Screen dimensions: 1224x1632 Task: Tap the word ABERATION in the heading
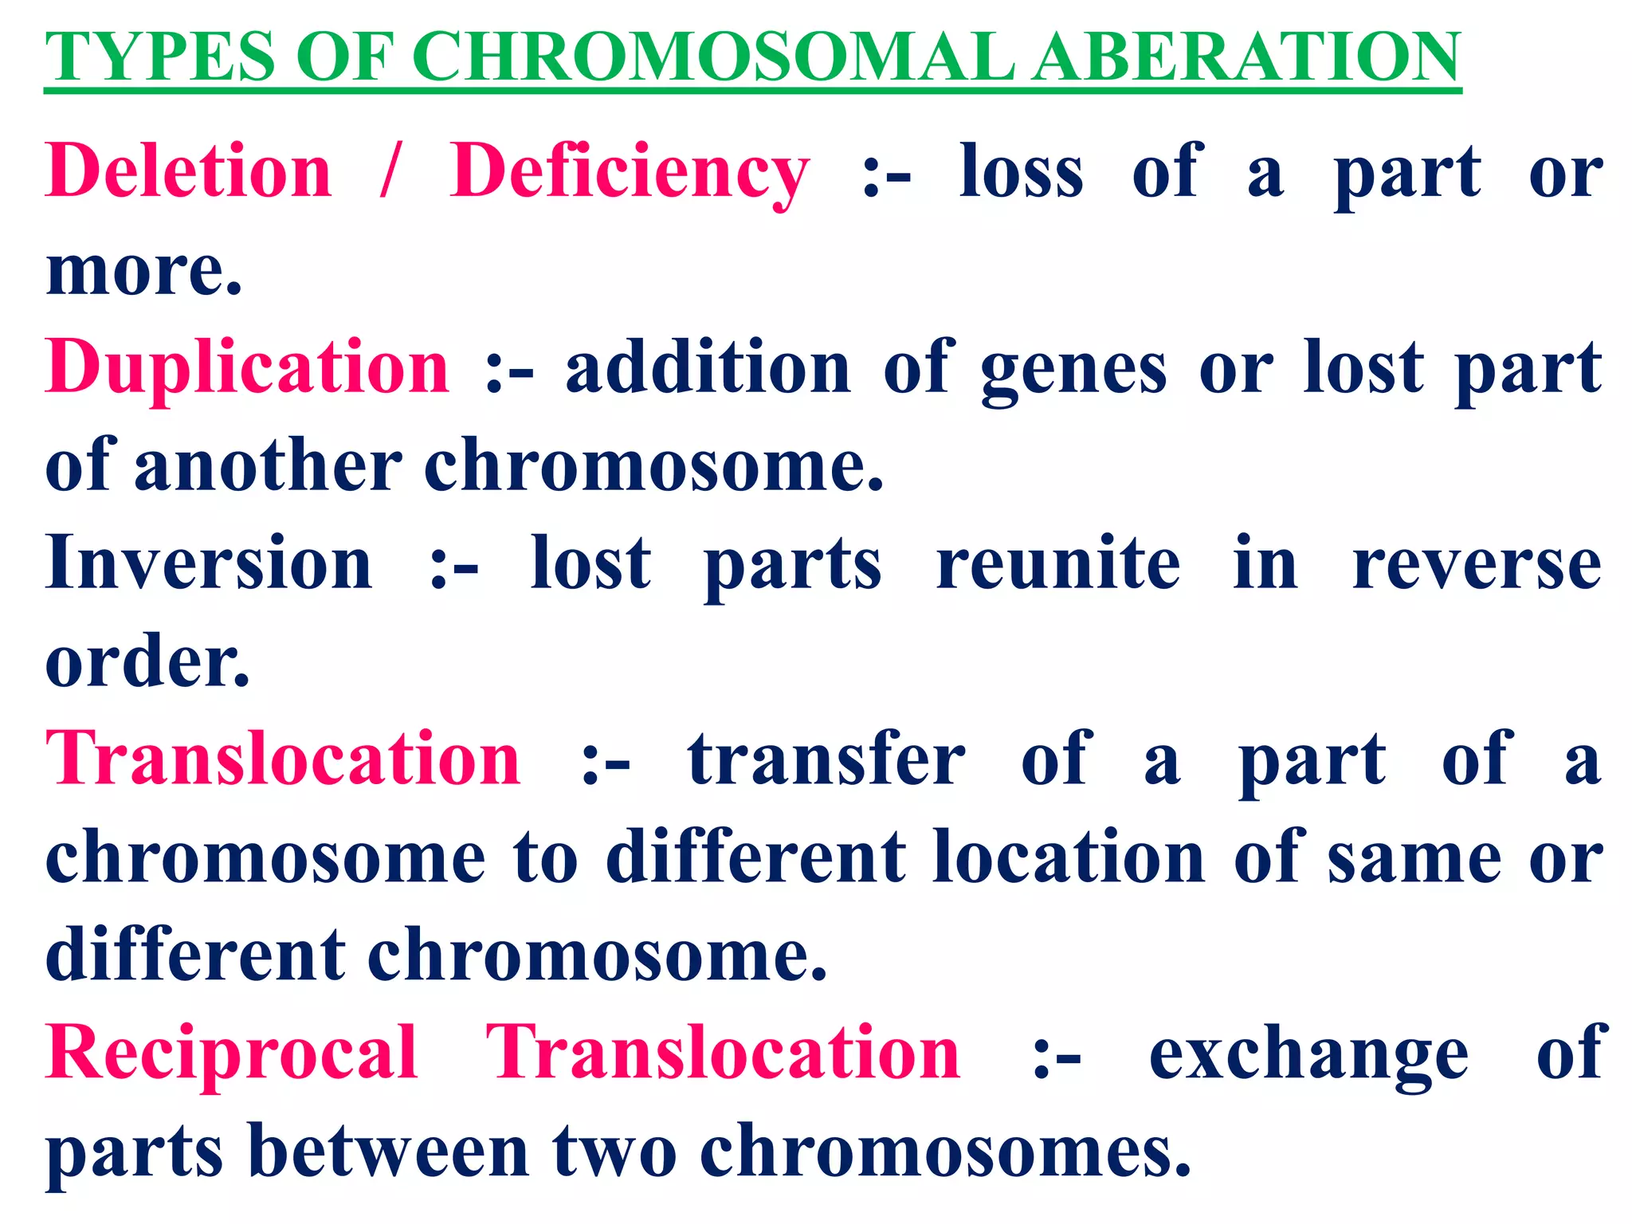tap(1246, 57)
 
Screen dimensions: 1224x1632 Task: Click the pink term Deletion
tap(189, 171)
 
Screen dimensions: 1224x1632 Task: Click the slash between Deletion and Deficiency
tap(389, 171)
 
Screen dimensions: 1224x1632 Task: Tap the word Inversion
tap(209, 563)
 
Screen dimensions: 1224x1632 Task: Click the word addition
tap(708, 368)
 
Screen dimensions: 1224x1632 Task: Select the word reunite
tap(1057, 563)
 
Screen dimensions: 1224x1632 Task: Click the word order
tap(147, 661)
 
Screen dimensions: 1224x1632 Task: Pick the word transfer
tap(826, 759)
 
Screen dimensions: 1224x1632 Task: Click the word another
tap(268, 466)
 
